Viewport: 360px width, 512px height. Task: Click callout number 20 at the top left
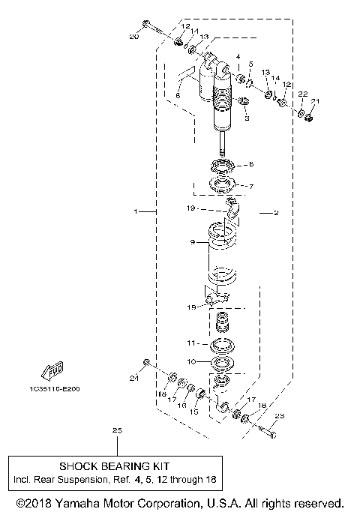tap(134, 37)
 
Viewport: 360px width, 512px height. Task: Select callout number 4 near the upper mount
tap(238, 56)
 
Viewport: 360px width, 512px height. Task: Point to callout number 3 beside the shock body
tap(246, 118)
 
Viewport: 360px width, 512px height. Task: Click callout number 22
tap(302, 94)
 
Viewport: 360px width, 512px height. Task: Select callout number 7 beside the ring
tap(251, 186)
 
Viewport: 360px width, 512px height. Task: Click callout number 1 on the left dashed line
tap(136, 212)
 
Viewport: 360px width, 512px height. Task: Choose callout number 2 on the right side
tap(275, 213)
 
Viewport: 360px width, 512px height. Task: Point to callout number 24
tap(133, 379)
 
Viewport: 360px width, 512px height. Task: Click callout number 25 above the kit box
tap(116, 430)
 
